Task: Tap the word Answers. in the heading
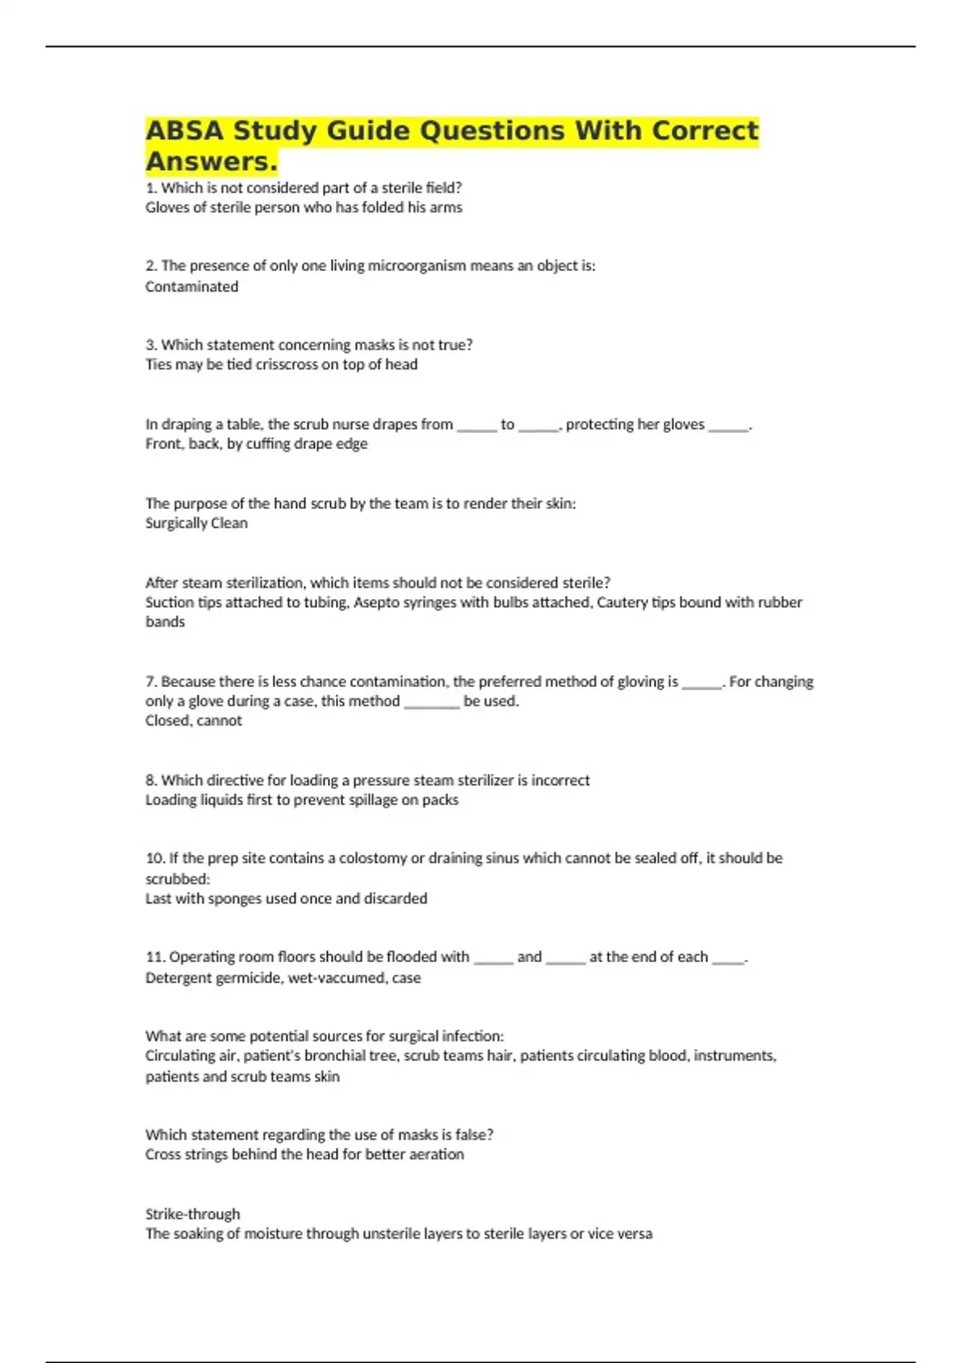point(211,161)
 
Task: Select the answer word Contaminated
point(192,287)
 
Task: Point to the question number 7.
point(151,681)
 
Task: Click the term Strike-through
point(192,1214)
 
